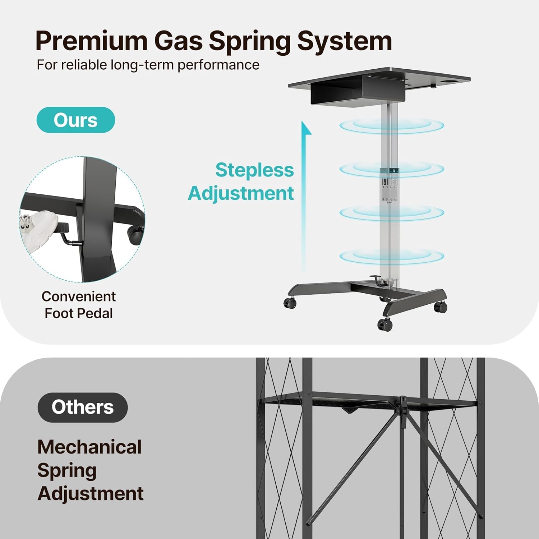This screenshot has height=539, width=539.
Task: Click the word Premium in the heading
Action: pyautogui.click(x=92, y=41)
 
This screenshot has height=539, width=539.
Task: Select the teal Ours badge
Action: pyautogui.click(x=76, y=120)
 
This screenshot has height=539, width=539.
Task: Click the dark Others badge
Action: pyautogui.click(x=83, y=407)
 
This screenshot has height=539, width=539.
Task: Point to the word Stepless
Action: pyautogui.click(x=254, y=170)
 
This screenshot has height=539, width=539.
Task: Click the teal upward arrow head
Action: pyautogui.click(x=306, y=128)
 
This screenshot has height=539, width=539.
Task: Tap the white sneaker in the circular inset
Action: pyautogui.click(x=38, y=230)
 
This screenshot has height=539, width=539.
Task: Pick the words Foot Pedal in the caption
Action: pyautogui.click(x=79, y=313)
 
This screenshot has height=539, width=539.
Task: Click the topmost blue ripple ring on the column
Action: pyautogui.click(x=392, y=126)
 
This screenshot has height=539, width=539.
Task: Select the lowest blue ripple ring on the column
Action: pyautogui.click(x=392, y=256)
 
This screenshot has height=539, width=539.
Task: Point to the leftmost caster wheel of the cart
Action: pyautogui.click(x=290, y=303)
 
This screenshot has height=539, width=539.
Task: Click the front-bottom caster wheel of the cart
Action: pyautogui.click(x=385, y=324)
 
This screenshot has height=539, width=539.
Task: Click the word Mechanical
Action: pyautogui.click(x=89, y=447)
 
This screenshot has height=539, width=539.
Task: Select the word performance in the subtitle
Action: pyautogui.click(x=218, y=65)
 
